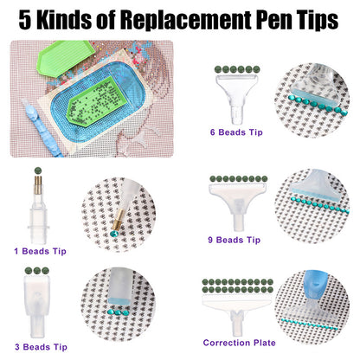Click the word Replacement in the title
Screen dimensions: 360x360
click(x=184, y=20)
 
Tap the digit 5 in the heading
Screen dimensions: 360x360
click(x=25, y=20)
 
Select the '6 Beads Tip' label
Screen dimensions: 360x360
click(x=236, y=132)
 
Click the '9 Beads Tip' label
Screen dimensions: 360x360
click(x=235, y=240)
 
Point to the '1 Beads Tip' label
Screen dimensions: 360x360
click(x=40, y=251)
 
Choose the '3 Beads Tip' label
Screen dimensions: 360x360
click(x=41, y=347)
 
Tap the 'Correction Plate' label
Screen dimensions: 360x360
click(x=239, y=343)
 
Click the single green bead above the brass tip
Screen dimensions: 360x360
click(x=38, y=170)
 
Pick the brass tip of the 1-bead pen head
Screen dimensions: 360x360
click(x=38, y=184)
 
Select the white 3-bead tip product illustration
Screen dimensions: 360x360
click(x=36, y=305)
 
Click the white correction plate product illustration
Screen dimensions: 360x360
click(x=236, y=313)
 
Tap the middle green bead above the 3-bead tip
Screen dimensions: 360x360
click(x=36, y=271)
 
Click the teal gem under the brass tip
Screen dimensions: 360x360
click(x=114, y=233)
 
